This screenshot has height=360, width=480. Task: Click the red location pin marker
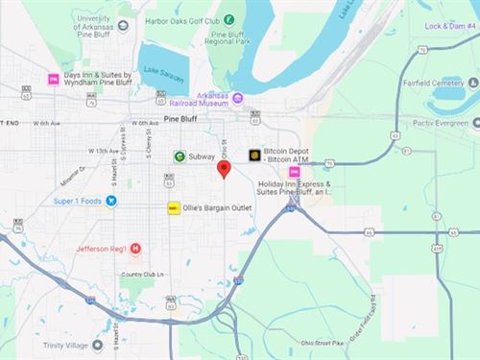click(225, 170)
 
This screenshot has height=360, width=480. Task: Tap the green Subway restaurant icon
click(180, 156)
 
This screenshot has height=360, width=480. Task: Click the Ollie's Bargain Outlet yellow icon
click(174, 207)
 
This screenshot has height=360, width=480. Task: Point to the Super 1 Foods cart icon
click(111, 201)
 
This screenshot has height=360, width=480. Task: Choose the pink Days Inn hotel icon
click(55, 79)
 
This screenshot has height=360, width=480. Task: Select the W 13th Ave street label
click(103, 151)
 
